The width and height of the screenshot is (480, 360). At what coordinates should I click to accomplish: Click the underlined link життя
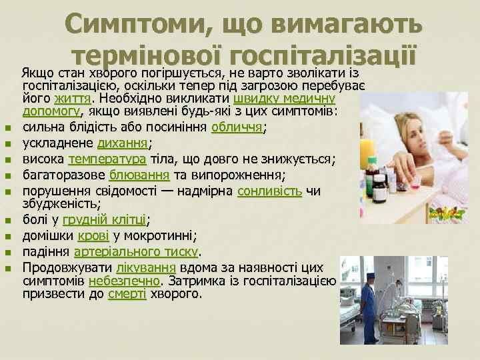[71, 98]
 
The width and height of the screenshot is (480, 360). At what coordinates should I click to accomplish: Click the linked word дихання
[123, 143]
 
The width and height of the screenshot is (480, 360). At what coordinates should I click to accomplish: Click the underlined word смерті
[127, 294]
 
